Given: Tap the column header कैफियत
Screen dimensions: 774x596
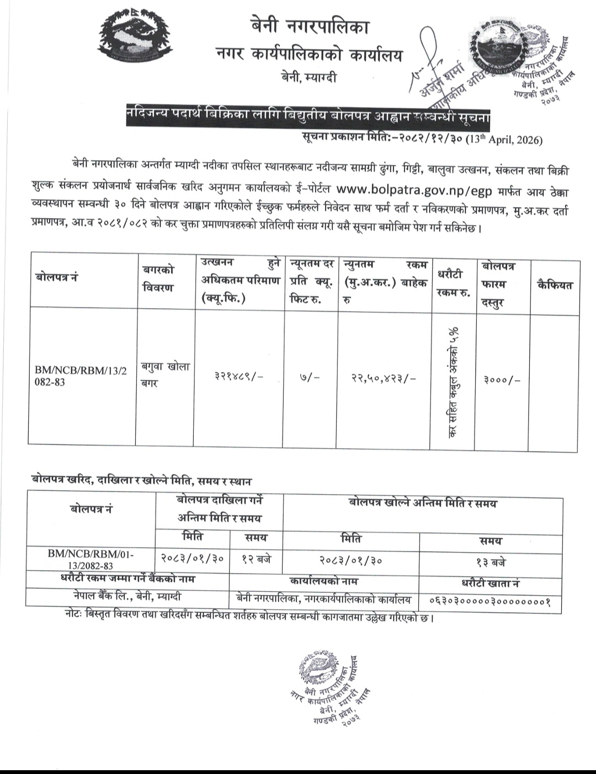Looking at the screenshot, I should tap(554, 285).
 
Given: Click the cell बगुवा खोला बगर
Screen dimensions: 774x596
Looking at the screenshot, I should tap(165, 374).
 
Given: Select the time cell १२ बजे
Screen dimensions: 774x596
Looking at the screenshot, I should tap(257, 559).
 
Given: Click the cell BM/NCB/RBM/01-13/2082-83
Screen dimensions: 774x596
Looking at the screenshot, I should tap(91, 559).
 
